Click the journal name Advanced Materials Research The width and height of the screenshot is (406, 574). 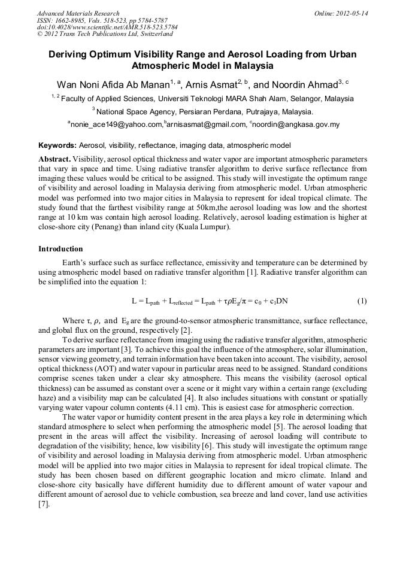pos(78,13)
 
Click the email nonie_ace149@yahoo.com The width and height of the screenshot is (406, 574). pos(116,124)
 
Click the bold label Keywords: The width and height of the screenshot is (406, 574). pos(57,145)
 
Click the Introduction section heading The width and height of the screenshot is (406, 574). pos(60,248)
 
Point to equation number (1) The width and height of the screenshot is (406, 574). pos(362,300)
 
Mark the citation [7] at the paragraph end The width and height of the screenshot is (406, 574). pos(44,505)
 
